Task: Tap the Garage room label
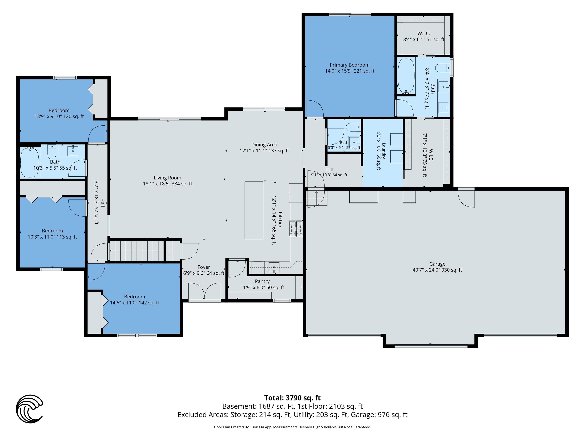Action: [x=437, y=264]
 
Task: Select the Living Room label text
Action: [x=167, y=178]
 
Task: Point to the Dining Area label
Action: [x=264, y=145]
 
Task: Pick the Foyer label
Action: [x=204, y=267]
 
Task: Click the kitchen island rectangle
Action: [x=254, y=210]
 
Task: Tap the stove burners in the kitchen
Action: [x=296, y=229]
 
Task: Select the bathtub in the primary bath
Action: [x=406, y=76]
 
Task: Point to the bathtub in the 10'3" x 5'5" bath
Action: [x=30, y=162]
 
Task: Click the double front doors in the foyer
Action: [x=205, y=291]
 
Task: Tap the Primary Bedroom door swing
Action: [x=315, y=108]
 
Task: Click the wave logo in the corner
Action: [x=29, y=409]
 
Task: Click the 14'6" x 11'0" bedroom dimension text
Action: [x=135, y=303]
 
